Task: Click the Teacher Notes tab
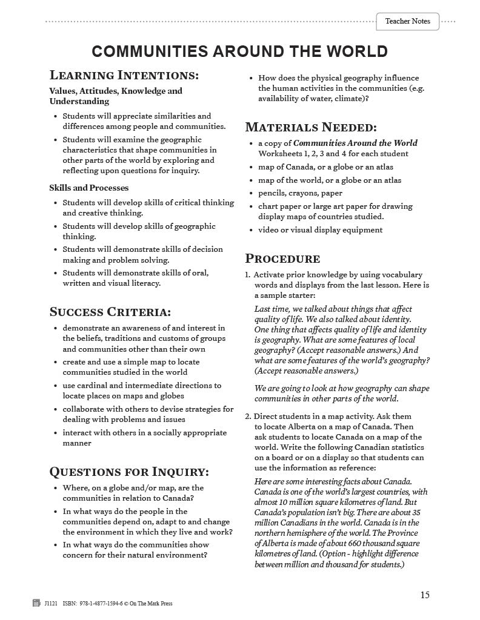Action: point(407,21)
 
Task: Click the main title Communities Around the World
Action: point(239,51)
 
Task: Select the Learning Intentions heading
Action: point(124,76)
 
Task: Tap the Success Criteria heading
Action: point(110,312)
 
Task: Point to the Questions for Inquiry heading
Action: point(128,471)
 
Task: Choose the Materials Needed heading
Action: point(310,127)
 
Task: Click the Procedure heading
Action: point(282,259)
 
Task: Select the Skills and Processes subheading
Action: point(88,188)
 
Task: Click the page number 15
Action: point(424,595)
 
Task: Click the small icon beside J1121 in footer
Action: point(36,603)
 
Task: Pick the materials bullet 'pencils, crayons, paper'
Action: point(300,193)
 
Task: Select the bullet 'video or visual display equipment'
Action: point(320,229)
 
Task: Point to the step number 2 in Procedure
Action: point(247,417)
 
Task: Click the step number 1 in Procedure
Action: point(247,274)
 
